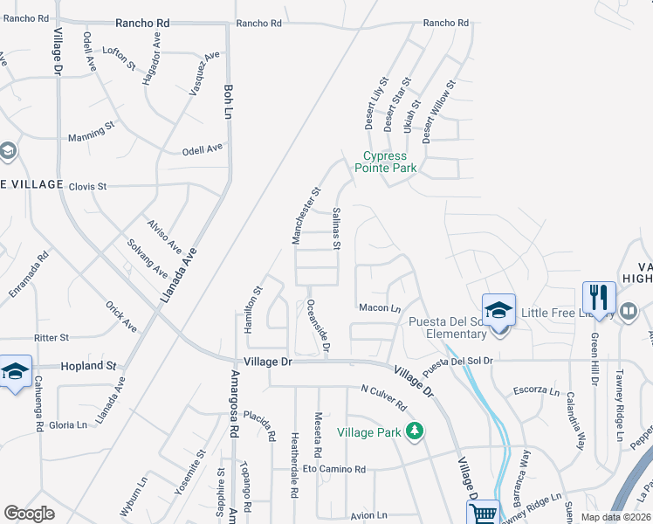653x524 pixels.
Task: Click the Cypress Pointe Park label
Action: (x=390, y=162)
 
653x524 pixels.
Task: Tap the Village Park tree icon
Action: (x=416, y=431)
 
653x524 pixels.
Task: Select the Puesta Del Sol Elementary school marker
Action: (x=498, y=311)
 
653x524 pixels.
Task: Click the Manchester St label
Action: (x=306, y=215)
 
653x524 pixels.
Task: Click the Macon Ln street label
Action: (x=379, y=307)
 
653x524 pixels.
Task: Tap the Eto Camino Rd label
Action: (x=334, y=469)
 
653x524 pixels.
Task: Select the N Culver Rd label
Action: (x=383, y=397)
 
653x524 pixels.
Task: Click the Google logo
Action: (x=30, y=514)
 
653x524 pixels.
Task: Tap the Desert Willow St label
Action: (x=438, y=112)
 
